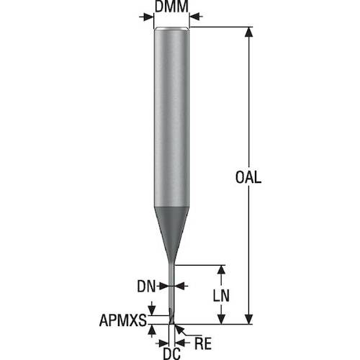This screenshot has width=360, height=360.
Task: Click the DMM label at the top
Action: (x=171, y=6)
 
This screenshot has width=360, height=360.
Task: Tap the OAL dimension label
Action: (x=248, y=177)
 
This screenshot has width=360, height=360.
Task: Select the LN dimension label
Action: (x=221, y=295)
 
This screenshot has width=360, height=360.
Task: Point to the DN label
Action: (x=146, y=286)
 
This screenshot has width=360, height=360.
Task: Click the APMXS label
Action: (x=123, y=320)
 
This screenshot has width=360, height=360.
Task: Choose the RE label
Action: (x=203, y=343)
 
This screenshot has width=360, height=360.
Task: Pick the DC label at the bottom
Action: (x=172, y=354)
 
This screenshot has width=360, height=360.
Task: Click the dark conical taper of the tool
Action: (x=171, y=230)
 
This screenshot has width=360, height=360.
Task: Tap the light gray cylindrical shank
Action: (x=171, y=117)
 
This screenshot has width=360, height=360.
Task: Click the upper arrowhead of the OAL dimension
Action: (x=249, y=32)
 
